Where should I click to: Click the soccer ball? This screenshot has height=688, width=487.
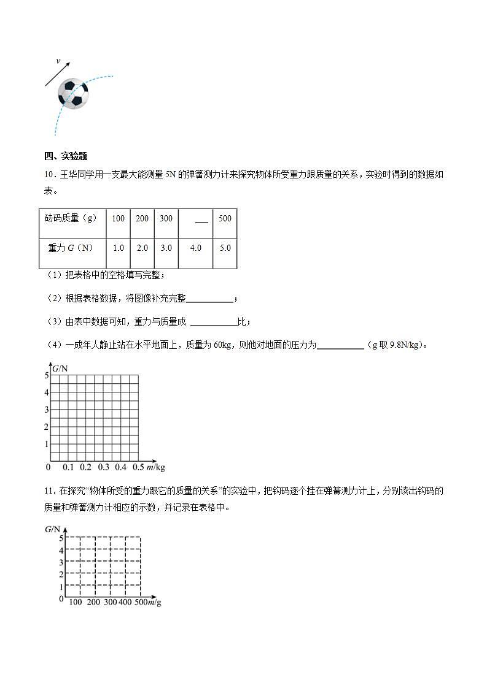pyautogui.click(x=73, y=94)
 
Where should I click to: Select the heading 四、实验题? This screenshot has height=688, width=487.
pyautogui.click(x=65, y=156)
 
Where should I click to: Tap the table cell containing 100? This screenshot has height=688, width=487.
pyautogui.click(x=118, y=218)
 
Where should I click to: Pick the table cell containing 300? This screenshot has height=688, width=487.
pyautogui.click(x=166, y=218)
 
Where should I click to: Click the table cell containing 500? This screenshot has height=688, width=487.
pyautogui.click(x=225, y=218)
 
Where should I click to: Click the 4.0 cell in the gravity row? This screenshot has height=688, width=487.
pyautogui.click(x=196, y=248)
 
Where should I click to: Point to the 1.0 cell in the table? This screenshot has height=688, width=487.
pyautogui.click(x=118, y=248)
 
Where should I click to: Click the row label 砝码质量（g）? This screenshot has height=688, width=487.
pyautogui.click(x=71, y=218)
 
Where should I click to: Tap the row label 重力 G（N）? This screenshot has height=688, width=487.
pyautogui.click(x=70, y=248)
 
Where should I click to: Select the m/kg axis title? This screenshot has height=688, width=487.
pyautogui.click(x=157, y=467)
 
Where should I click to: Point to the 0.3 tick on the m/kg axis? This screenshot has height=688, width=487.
pyautogui.click(x=103, y=467)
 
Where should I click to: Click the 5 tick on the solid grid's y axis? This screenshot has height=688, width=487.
pyautogui.click(x=46, y=375)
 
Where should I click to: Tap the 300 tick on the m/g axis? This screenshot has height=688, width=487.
pyautogui.click(x=110, y=603)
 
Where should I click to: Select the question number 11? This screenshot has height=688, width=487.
pyautogui.click(x=49, y=491)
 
